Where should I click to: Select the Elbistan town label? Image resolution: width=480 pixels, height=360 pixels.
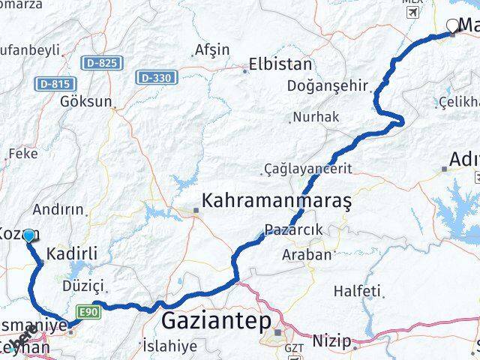[x=280, y=64]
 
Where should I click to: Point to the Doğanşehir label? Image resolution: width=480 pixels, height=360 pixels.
[x=328, y=85]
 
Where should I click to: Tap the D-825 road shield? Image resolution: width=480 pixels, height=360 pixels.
[x=100, y=63]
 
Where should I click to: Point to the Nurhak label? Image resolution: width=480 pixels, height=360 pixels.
[x=316, y=117]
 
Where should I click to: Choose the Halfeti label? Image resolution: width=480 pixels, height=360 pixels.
[x=358, y=290]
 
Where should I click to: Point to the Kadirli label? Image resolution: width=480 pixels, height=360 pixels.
[x=72, y=254]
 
